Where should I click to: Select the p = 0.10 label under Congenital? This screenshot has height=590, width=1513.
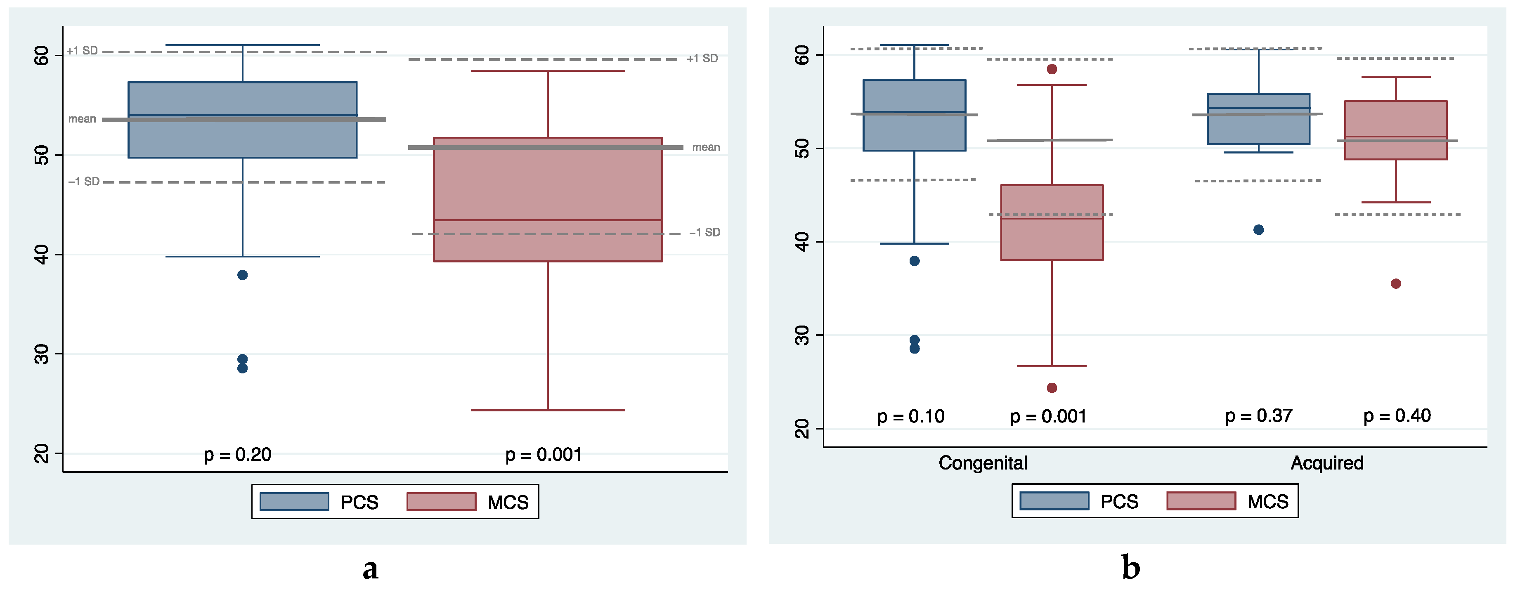click(x=910, y=417)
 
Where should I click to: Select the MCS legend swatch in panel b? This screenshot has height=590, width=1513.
click(x=1201, y=501)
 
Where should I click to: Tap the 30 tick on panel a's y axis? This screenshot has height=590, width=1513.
click(x=42, y=354)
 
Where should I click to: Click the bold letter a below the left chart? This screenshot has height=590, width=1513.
click(x=370, y=568)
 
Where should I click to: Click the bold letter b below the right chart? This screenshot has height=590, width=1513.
click(x=1131, y=568)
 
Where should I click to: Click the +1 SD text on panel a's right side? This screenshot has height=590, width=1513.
click(x=702, y=59)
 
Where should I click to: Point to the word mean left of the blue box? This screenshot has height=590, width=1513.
click(x=82, y=119)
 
